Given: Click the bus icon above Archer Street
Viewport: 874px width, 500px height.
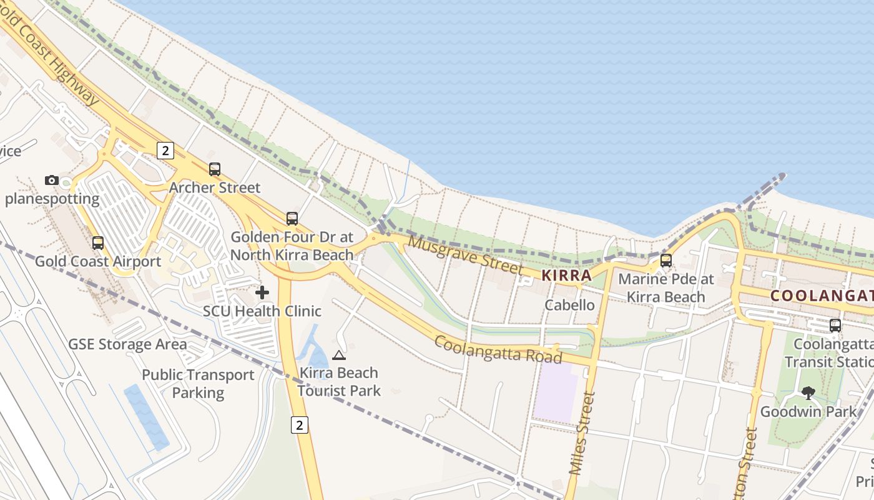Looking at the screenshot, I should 215,169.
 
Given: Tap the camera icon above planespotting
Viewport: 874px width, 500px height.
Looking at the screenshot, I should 52,181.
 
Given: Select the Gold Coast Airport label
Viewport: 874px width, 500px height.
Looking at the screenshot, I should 98,261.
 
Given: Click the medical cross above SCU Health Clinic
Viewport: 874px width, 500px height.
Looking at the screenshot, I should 262,292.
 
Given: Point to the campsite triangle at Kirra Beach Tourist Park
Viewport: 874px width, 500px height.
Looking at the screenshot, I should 339,356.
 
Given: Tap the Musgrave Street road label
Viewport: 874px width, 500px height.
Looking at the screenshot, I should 466,256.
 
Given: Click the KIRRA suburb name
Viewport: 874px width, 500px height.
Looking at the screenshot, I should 566,275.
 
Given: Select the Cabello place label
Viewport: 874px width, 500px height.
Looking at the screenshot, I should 569,305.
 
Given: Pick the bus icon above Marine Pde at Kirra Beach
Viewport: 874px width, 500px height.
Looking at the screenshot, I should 666,261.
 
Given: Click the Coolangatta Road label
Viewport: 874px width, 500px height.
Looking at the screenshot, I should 498,349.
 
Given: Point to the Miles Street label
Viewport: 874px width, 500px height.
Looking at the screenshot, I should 581,432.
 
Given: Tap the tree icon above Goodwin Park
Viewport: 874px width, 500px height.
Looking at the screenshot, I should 808,393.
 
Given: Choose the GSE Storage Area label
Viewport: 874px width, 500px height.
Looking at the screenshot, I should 127,344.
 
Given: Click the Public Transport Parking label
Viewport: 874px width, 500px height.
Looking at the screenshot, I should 198,384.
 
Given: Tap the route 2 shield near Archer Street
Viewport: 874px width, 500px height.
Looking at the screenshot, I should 165,150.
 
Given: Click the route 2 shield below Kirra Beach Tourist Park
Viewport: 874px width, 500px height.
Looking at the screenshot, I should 300,426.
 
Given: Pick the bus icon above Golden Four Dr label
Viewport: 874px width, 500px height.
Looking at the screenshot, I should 292,219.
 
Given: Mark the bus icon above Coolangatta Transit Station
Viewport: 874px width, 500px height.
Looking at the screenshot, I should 835,325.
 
